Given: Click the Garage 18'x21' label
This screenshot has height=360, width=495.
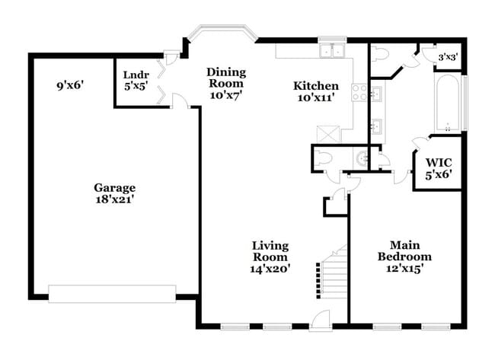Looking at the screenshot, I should [115, 193].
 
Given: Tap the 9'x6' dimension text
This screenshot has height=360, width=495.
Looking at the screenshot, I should [69, 86].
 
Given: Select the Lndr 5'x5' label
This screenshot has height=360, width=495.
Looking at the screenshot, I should [138, 80].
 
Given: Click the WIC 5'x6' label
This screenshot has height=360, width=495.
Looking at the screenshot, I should [439, 167].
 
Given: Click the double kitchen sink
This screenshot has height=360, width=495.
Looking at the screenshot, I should [333, 52].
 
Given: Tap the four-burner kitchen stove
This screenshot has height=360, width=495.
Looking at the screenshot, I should [359, 93].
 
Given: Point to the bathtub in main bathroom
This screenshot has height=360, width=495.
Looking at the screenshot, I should [448, 103].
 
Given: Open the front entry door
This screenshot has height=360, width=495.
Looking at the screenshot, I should [321, 321].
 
